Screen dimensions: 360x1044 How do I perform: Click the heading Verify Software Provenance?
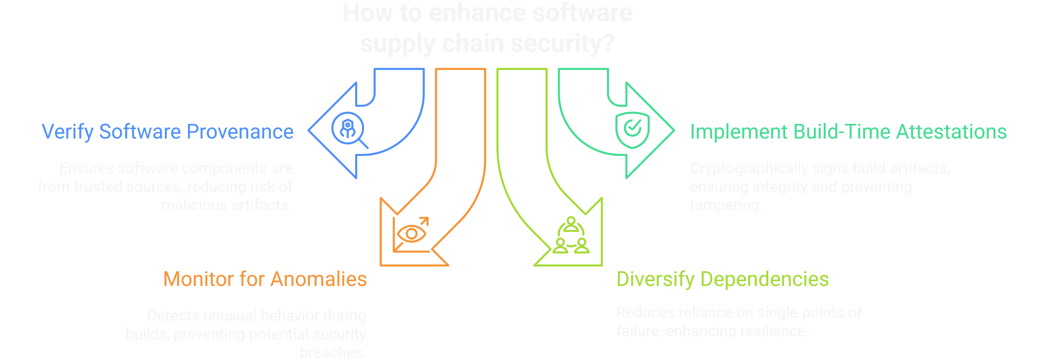[x=168, y=132]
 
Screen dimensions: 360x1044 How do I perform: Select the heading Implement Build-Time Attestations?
[x=848, y=132]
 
